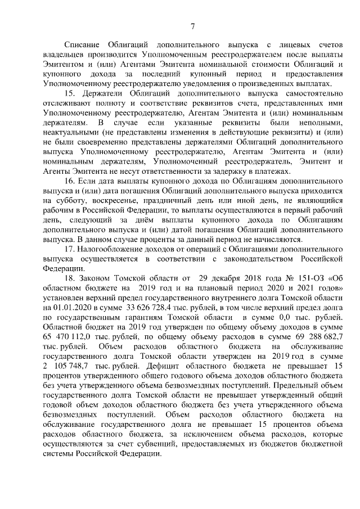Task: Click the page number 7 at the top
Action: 192,25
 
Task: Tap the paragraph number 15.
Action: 70,92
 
